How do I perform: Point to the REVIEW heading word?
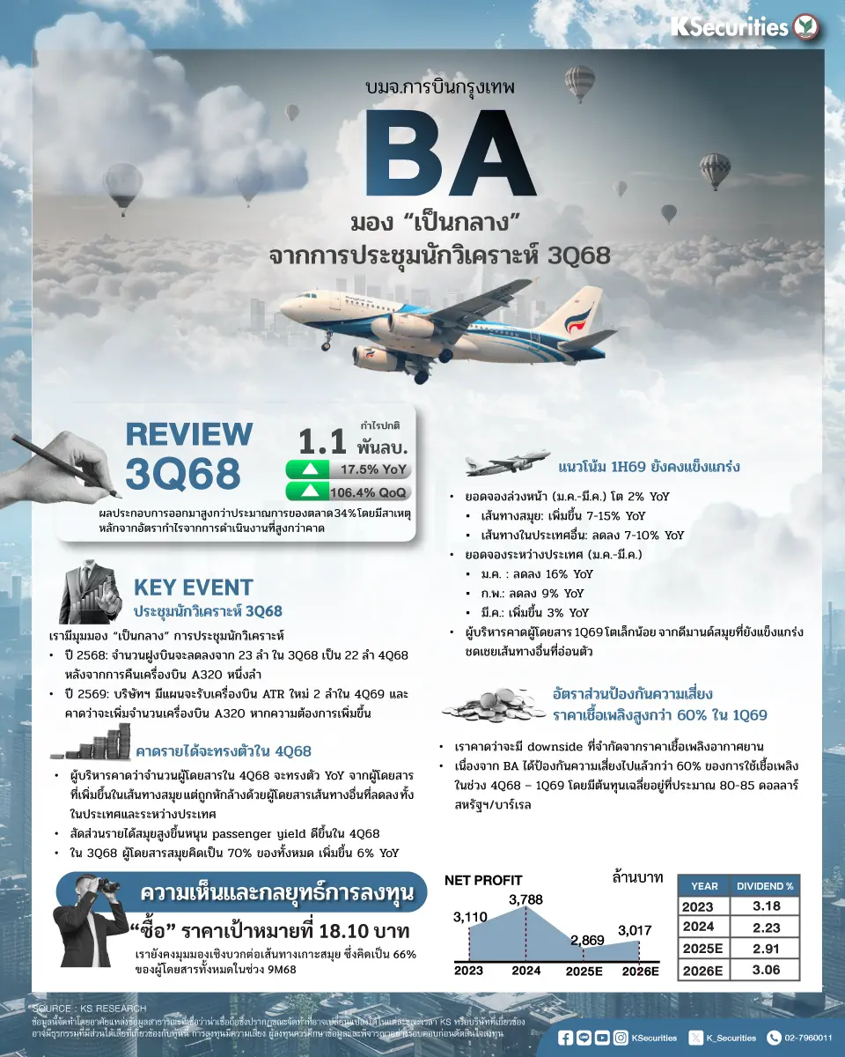point(188,433)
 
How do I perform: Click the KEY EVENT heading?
point(193,588)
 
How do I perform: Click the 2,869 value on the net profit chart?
point(587,940)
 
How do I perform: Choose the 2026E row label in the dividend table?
point(704,972)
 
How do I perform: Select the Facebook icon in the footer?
point(565,1039)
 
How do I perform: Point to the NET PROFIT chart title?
point(483,880)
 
